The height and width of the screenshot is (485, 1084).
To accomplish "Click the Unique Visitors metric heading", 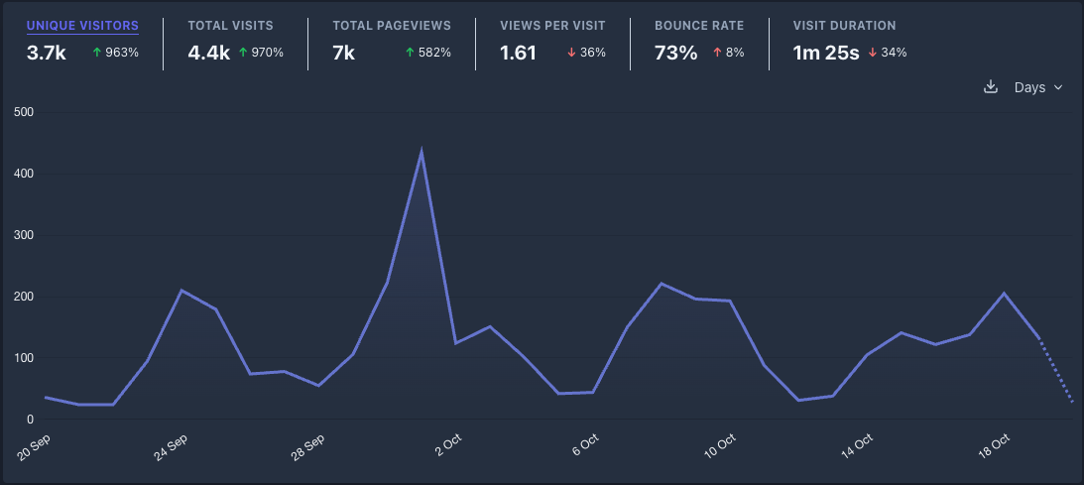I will click(x=82, y=26).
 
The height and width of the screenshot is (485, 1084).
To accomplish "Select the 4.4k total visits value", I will click(x=207, y=53).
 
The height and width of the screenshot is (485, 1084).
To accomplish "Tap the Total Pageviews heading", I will click(x=392, y=26).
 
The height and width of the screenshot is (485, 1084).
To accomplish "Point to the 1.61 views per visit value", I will click(x=519, y=53).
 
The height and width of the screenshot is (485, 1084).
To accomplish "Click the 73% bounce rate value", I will click(x=675, y=53).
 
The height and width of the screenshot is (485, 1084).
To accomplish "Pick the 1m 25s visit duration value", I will click(x=825, y=53).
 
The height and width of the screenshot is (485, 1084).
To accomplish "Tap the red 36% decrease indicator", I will click(x=586, y=53).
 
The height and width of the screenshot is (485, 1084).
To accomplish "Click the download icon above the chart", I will click(x=990, y=87).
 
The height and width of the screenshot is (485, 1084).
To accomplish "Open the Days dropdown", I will click(x=1037, y=87).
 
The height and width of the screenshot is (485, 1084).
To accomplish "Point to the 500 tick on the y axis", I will click(x=24, y=113).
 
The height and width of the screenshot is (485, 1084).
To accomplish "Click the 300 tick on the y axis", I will click(x=24, y=236).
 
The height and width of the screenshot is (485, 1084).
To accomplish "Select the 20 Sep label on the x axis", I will click(x=36, y=442).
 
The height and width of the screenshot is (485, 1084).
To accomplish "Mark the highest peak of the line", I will click(x=422, y=152).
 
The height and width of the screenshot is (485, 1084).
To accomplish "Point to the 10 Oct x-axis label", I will click(x=720, y=442).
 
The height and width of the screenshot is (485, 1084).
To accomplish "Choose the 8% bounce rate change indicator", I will click(x=728, y=53).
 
